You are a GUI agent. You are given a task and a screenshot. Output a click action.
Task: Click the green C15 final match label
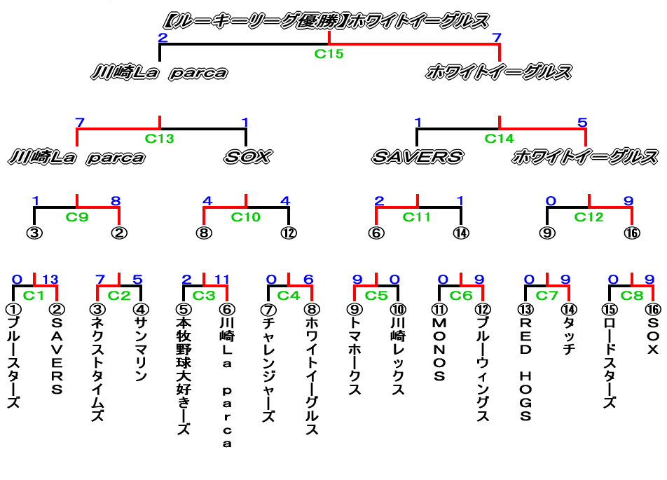pos(329,53)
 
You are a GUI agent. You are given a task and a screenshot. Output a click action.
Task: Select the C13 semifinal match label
pos(160,138)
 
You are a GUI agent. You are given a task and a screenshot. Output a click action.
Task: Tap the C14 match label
pos(500,138)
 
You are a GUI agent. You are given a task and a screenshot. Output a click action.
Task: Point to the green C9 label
pos(77,217)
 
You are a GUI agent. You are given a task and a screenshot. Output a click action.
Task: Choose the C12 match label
pos(589,217)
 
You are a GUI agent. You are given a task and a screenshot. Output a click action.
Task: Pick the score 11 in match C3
pos(221,280)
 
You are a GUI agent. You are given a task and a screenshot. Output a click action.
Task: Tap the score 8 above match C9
pos(116,201)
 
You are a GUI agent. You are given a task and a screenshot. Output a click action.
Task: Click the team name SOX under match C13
pos(247,156)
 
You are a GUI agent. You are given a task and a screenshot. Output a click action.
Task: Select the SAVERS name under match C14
pos(417,156)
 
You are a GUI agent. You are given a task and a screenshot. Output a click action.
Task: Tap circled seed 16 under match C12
pos(632,233)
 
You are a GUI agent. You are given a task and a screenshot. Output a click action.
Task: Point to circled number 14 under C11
pos(460,233)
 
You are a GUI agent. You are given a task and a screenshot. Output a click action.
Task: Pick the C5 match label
pos(376,295)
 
